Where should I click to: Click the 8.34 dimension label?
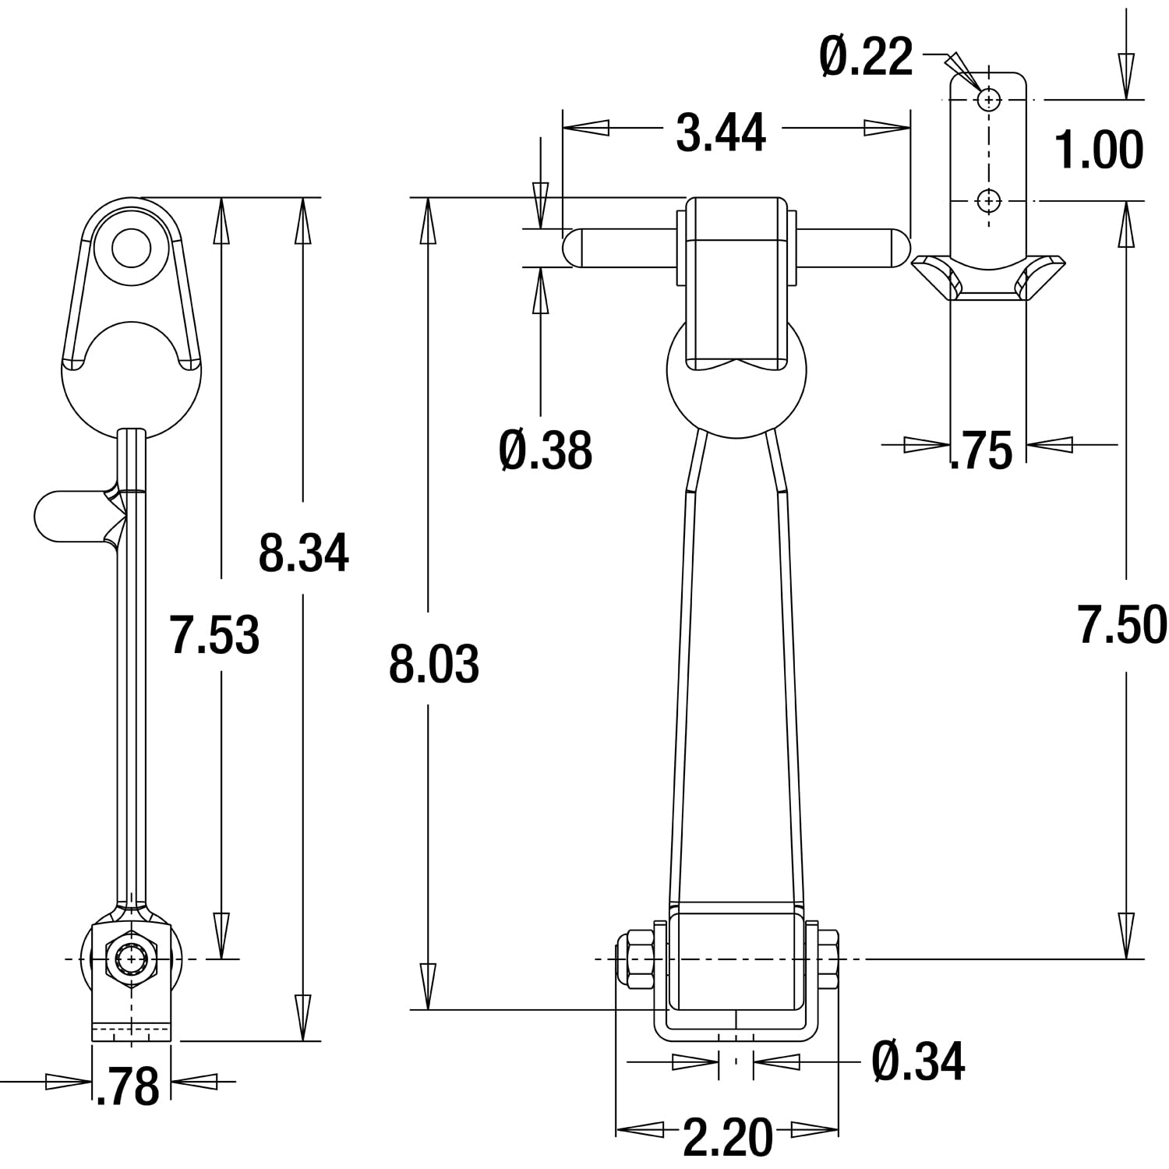click(x=304, y=553)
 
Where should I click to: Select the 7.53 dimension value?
click(x=215, y=634)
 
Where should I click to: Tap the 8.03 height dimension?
click(x=434, y=665)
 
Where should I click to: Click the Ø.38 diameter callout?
click(x=546, y=450)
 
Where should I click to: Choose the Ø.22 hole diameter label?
click(x=866, y=56)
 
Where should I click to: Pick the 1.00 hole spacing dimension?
click(x=1099, y=150)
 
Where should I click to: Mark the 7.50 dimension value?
click(x=1122, y=625)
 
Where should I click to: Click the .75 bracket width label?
click(x=981, y=450)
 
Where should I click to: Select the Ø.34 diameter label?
click(x=919, y=1061)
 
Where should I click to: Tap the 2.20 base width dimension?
click(x=728, y=1137)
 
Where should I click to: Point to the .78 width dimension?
click(x=128, y=1086)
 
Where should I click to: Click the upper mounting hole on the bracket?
click(x=989, y=100)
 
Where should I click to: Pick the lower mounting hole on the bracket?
click(x=989, y=201)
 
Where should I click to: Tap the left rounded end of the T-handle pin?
click(x=572, y=247)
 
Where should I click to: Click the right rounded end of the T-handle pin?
click(x=899, y=247)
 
